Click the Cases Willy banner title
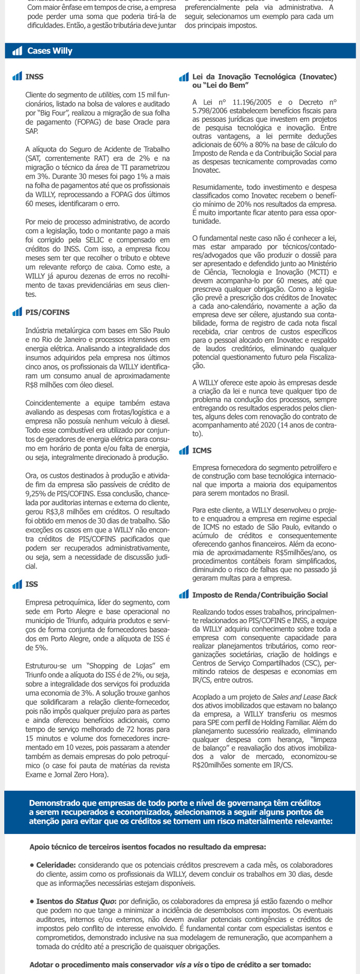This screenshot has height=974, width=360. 50,51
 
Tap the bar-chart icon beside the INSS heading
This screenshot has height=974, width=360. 17,77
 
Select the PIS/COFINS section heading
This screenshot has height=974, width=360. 47,312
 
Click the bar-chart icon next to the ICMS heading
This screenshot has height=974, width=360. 184,451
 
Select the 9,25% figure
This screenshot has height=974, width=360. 36,493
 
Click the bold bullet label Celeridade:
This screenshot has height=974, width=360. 56,865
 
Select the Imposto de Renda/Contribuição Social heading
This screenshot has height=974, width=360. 260,595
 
